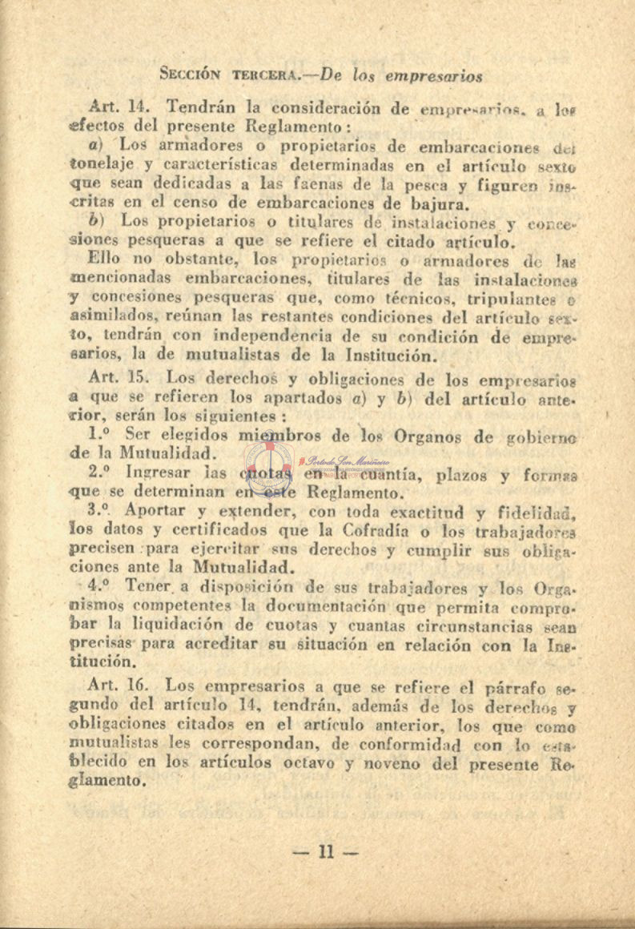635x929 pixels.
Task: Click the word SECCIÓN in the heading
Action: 191,74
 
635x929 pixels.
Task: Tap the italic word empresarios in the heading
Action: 435,77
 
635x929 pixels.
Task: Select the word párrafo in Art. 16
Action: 500,687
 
